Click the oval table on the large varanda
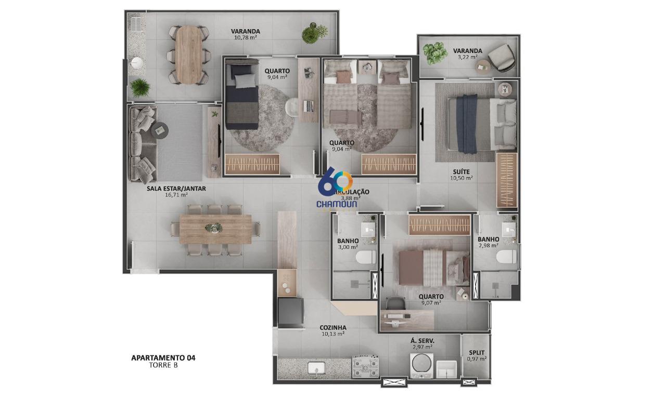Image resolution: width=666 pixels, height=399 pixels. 188,55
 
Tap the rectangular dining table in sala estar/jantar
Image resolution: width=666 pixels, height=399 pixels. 215,229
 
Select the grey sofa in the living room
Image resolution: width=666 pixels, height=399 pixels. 142,144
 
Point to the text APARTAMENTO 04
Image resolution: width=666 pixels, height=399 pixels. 163,357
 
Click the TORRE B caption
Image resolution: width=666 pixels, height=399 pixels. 164,365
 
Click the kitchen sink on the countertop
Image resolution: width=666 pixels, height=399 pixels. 315,368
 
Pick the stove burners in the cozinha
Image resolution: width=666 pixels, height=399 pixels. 365,367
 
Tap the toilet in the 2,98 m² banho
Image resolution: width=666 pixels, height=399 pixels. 506,257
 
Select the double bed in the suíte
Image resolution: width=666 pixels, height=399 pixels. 476,124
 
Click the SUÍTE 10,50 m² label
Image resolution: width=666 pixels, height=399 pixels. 461,175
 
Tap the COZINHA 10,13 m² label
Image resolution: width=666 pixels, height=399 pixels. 333,330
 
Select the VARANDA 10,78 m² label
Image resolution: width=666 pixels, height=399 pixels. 246,34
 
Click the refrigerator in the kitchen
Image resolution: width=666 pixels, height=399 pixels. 291,312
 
